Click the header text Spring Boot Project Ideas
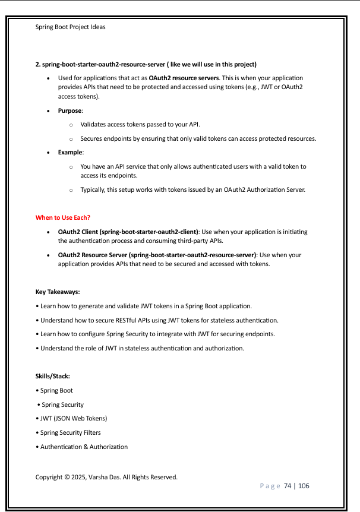coord(71,27)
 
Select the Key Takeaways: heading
coord(58,292)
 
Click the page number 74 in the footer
coord(288,486)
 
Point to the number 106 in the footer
coord(304,486)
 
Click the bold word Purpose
coord(70,110)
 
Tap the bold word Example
coord(70,153)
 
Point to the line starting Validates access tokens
coord(140,125)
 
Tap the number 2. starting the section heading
coord(38,64)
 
